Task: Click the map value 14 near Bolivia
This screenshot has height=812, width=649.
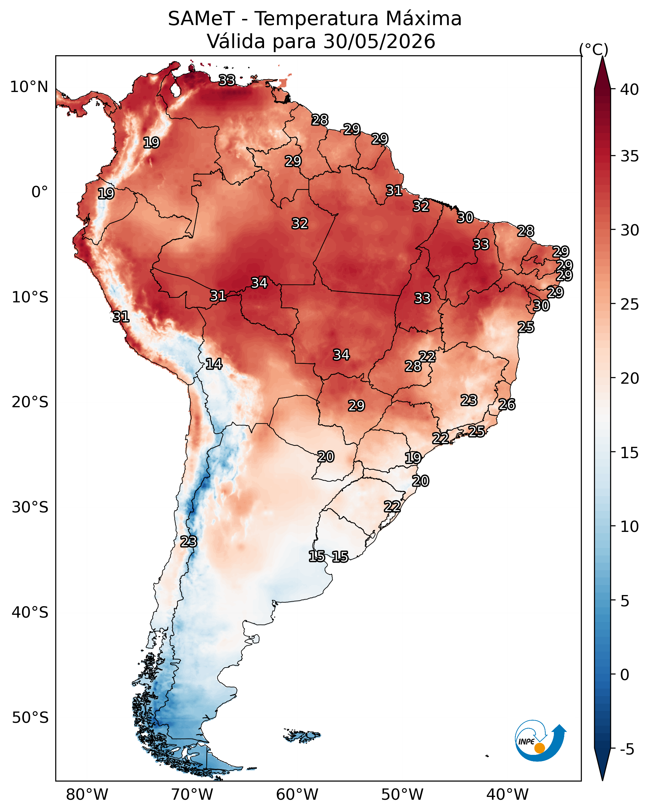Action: [214, 364]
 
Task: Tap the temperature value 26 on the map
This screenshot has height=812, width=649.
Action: [507, 404]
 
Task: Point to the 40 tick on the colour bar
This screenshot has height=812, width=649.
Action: [630, 89]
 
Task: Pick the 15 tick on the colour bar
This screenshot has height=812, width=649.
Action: [630, 453]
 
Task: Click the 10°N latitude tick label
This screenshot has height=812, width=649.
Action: [29, 87]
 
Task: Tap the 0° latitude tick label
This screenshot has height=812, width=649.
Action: [40, 192]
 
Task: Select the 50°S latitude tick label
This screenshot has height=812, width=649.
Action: [30, 718]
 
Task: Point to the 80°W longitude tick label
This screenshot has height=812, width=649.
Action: [87, 794]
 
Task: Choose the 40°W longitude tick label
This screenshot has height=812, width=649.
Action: [507, 794]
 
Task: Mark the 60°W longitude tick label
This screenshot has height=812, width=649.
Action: [297, 794]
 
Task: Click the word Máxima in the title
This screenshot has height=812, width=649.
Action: [423, 19]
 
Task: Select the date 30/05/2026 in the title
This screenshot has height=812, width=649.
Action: [379, 41]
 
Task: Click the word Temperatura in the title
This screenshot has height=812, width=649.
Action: [316, 19]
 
